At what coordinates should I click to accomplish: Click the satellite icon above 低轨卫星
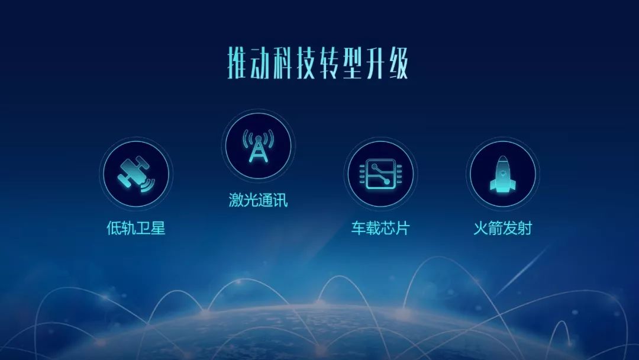pyautogui.click(x=135, y=173)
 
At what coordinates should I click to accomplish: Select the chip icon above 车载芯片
pyautogui.click(x=380, y=173)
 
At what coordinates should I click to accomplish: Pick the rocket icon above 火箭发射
pyautogui.click(x=502, y=174)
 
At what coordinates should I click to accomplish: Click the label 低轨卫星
pyautogui.click(x=135, y=229)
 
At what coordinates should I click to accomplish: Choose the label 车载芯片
pyautogui.click(x=380, y=229)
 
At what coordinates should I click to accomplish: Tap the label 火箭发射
pyautogui.click(x=502, y=229)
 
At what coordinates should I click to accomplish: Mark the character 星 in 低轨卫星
pyautogui.click(x=157, y=229)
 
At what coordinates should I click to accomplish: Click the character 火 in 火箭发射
pyautogui.click(x=480, y=229)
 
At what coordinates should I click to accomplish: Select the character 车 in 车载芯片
pyautogui.click(x=359, y=229)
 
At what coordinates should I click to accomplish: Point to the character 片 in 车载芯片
pyautogui.click(x=402, y=229)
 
